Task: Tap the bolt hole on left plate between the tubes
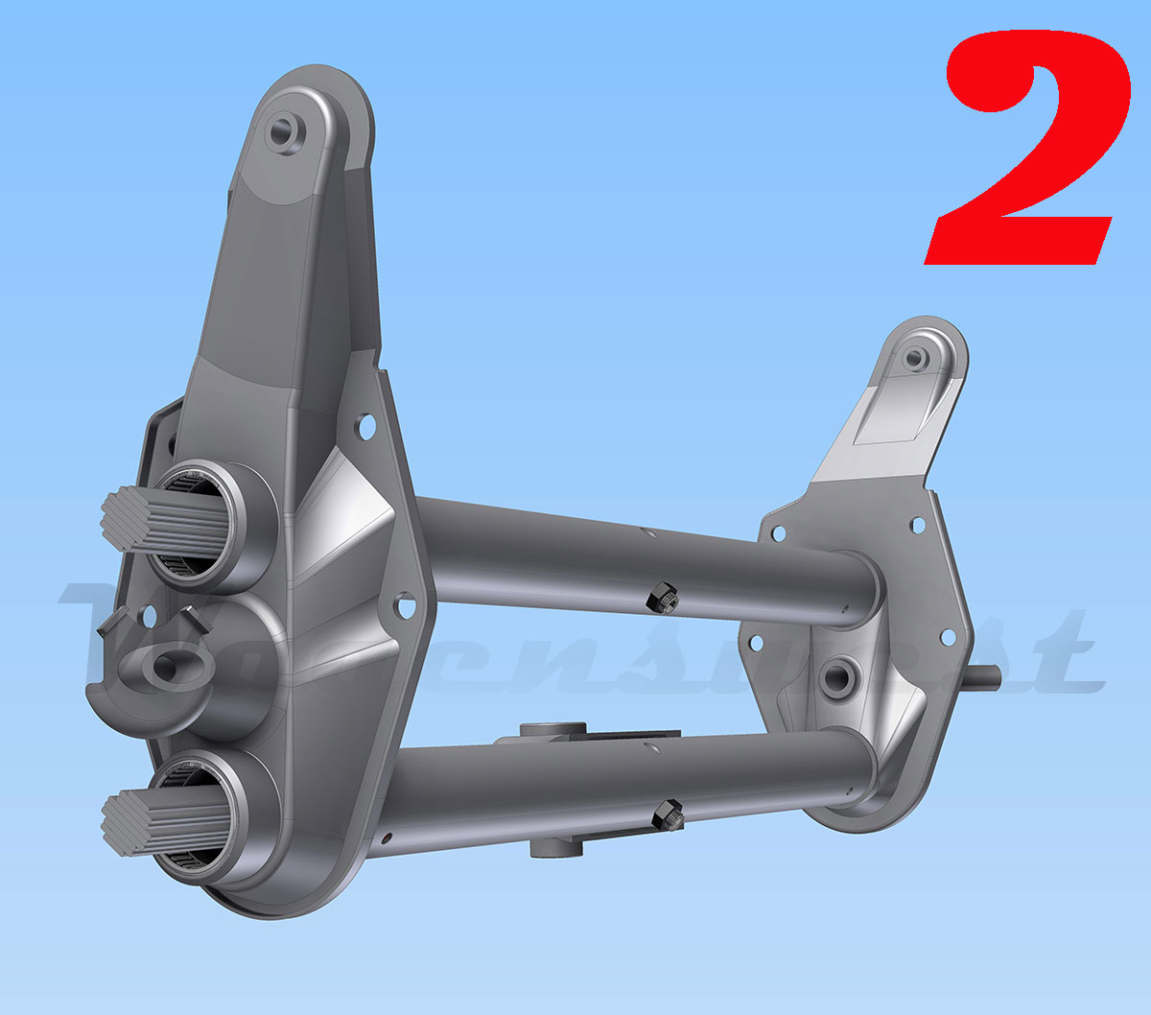coord(404,606)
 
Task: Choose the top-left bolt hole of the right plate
coord(778,532)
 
